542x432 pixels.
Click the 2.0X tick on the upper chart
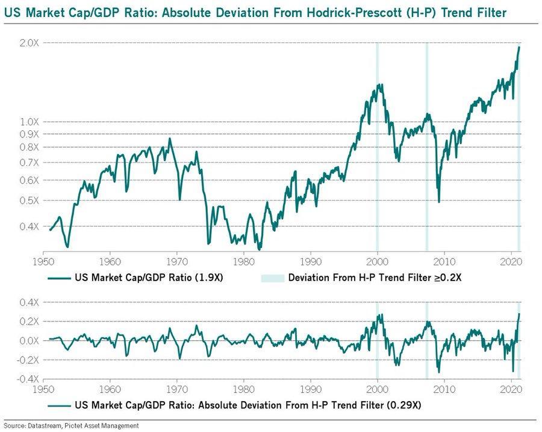[x=28, y=43]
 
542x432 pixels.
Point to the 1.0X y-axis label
[x=28, y=121]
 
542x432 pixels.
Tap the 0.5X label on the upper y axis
[x=28, y=200]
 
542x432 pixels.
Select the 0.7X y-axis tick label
[x=28, y=163]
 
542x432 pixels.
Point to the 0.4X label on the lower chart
[x=28, y=302]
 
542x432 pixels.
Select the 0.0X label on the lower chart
[x=28, y=341]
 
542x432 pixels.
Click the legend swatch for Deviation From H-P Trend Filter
[x=272, y=278]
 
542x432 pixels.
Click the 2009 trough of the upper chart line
[x=439, y=202]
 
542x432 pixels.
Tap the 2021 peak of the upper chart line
[x=519, y=47]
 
